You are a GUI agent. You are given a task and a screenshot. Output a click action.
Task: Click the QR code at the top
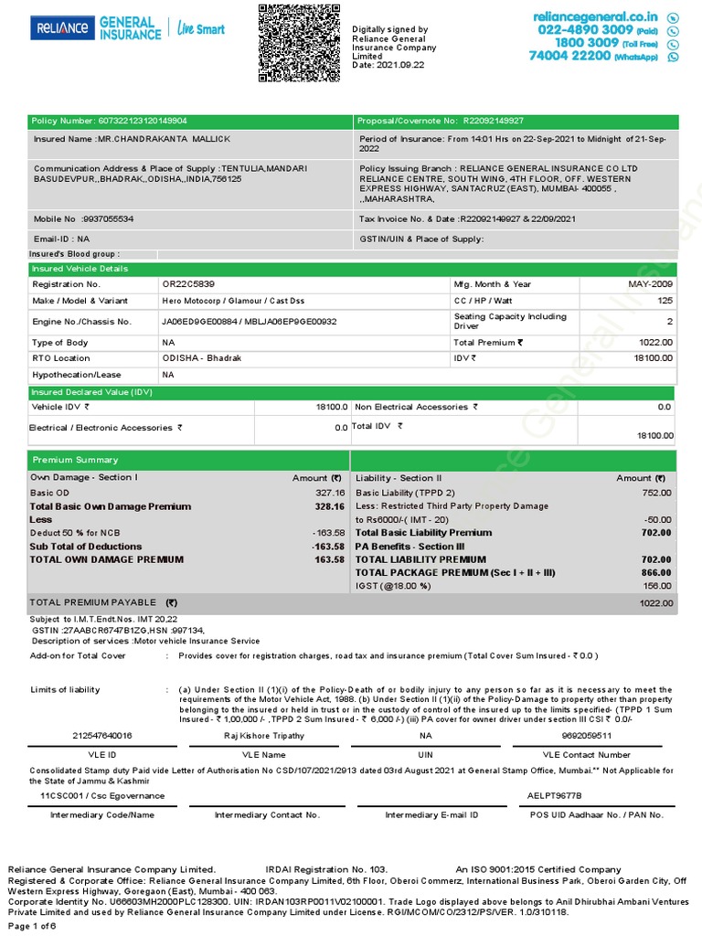(298, 43)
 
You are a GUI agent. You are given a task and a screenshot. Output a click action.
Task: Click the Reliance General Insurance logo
(127, 28)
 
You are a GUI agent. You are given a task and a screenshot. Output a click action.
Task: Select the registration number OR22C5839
(188, 284)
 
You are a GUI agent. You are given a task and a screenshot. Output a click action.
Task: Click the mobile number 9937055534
(108, 219)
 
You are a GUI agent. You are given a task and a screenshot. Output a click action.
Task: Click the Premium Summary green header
(188, 460)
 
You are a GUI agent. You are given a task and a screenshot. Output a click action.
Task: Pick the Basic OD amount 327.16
(330, 493)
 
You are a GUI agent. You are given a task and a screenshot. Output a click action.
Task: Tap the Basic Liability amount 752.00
(656, 493)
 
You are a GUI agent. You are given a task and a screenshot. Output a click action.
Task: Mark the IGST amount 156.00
(656, 586)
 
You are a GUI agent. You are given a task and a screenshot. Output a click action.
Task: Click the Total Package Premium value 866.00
(656, 572)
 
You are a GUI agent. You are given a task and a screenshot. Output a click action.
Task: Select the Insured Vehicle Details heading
(80, 269)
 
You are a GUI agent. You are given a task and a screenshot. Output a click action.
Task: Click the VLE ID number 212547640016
(101, 735)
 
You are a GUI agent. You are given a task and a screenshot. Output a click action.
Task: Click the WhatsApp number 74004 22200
(569, 56)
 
